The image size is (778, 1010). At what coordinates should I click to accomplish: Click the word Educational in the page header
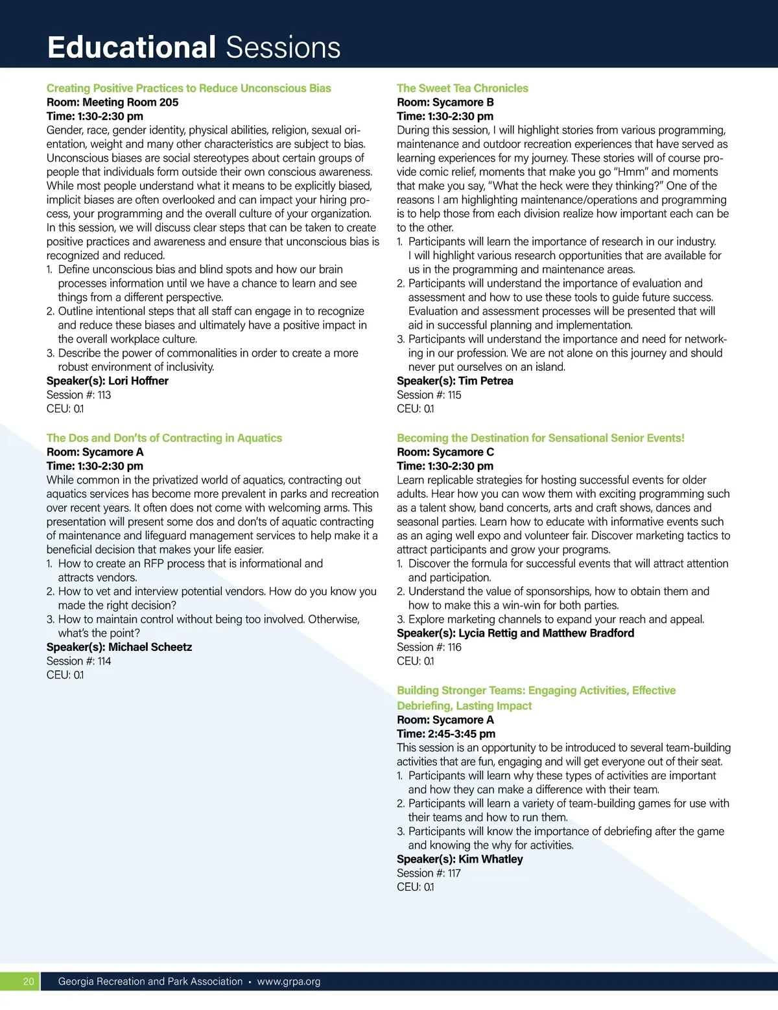(x=131, y=47)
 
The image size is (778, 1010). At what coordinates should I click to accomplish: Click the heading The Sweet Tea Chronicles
(x=462, y=88)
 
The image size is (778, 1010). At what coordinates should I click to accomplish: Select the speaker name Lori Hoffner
(x=138, y=381)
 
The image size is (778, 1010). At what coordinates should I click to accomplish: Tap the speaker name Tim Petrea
(x=486, y=381)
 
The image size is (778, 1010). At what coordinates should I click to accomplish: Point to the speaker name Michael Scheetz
(x=150, y=647)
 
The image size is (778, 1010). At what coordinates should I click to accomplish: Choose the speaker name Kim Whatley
(x=490, y=859)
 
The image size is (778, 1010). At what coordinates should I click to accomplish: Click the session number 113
(x=104, y=395)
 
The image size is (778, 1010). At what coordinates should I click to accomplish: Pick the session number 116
(x=454, y=647)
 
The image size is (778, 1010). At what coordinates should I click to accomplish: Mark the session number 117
(x=454, y=873)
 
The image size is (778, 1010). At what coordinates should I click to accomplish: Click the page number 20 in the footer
(x=29, y=981)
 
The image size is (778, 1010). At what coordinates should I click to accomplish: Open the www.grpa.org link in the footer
(x=289, y=981)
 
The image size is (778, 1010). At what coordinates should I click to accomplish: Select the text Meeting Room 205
(x=130, y=102)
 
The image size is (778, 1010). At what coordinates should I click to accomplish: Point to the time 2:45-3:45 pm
(x=462, y=734)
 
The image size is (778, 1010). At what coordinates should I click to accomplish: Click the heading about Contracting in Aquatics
(x=164, y=438)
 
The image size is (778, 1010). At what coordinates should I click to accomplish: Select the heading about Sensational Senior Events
(x=540, y=438)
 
